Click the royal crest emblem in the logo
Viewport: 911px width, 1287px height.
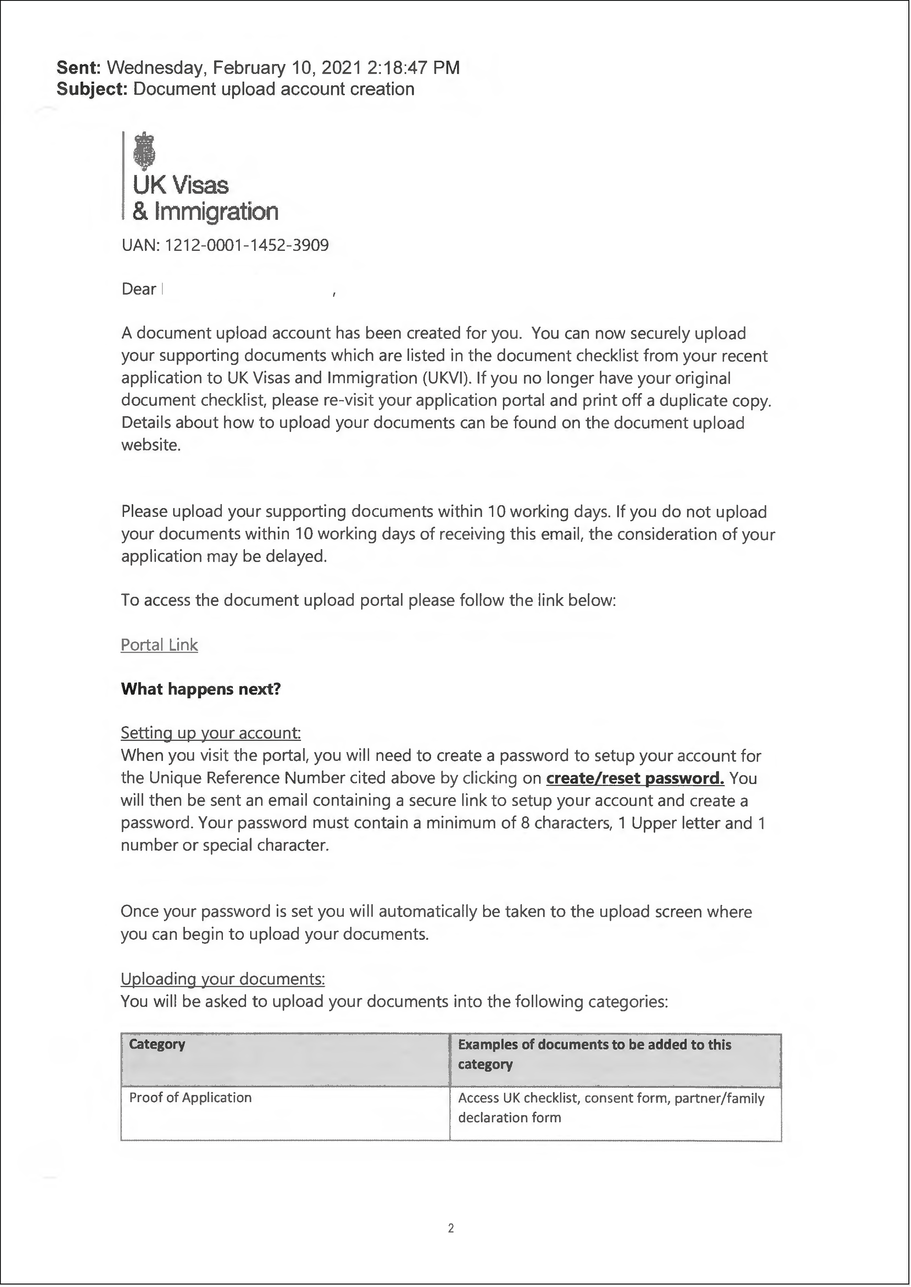coord(144,151)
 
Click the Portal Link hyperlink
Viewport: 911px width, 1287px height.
coord(159,645)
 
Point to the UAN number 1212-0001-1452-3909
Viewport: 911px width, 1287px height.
coord(246,245)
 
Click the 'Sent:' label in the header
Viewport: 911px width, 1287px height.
coord(79,68)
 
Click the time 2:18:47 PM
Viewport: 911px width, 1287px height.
coord(413,68)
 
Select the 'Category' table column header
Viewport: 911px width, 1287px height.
coord(157,1044)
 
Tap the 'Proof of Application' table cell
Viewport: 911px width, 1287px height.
coord(190,1098)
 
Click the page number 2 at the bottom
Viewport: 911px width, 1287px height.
coord(451,1229)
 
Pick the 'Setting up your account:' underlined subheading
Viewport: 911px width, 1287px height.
coord(211,733)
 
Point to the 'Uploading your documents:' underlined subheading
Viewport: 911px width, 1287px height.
coord(223,979)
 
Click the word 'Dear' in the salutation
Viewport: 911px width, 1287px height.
coord(138,290)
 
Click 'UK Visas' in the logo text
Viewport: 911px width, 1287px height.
coord(181,185)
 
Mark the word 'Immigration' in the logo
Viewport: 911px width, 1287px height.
coord(216,212)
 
